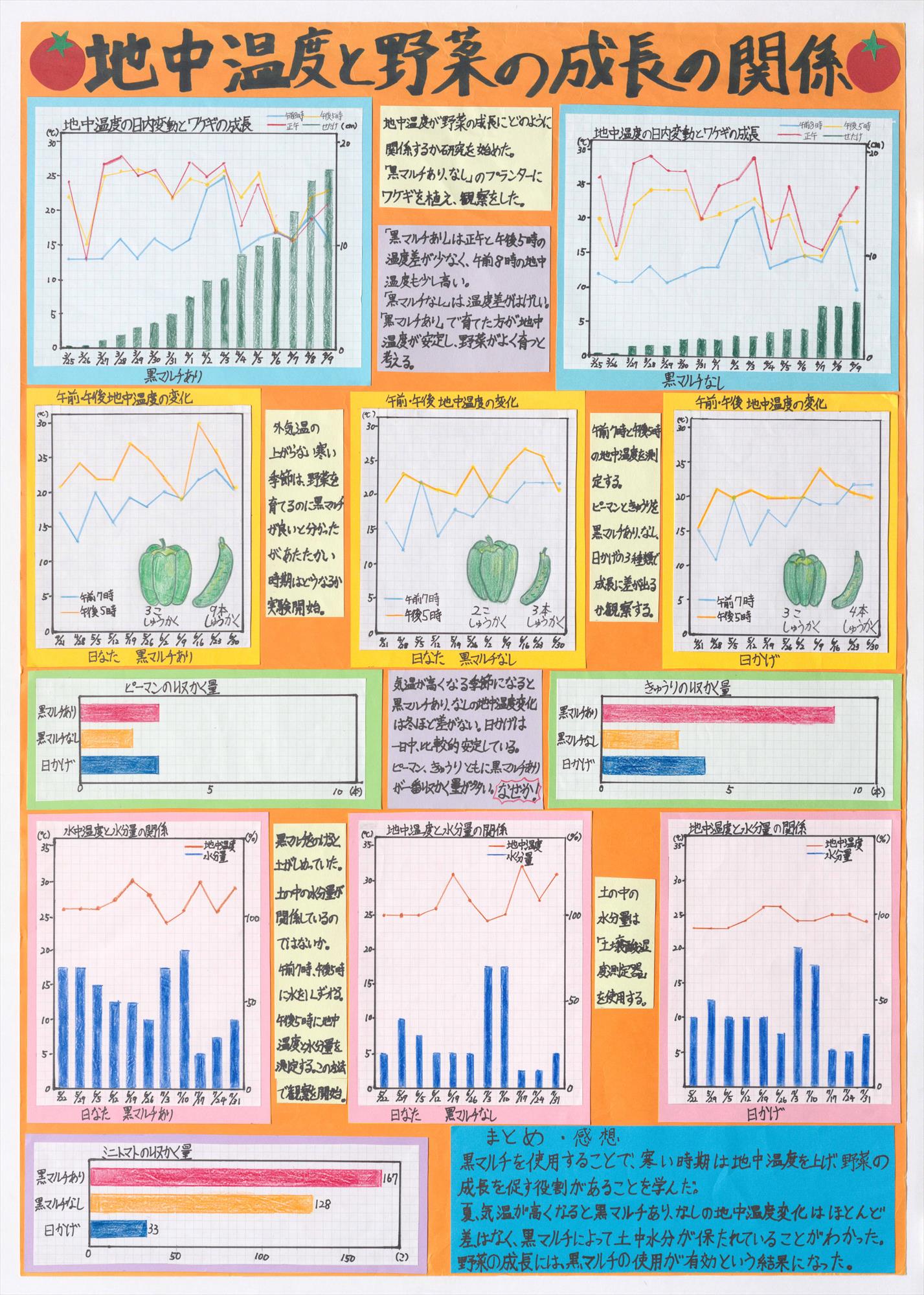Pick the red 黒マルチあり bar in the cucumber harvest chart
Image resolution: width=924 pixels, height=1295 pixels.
[717, 714]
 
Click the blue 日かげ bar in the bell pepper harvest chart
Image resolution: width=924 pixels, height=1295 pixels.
[119, 765]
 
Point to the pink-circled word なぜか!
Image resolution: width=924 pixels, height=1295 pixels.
[517, 794]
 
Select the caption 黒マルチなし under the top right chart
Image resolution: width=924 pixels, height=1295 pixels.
[692, 379]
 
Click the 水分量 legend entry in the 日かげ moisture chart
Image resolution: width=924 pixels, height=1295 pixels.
[836, 856]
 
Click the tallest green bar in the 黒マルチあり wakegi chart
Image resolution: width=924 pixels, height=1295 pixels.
[329, 258]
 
